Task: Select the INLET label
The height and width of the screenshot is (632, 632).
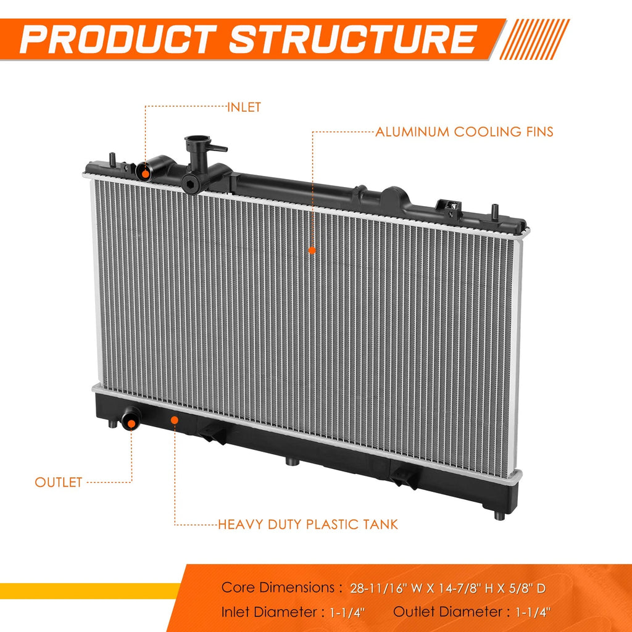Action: (x=244, y=107)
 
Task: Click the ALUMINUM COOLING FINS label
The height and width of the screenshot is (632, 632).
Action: (x=464, y=132)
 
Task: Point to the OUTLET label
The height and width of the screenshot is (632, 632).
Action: (x=59, y=482)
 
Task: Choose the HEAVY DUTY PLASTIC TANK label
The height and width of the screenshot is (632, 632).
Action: (x=308, y=525)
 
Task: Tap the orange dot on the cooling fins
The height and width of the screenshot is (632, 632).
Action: (x=312, y=251)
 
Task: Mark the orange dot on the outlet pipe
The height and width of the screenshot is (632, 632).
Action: (x=131, y=423)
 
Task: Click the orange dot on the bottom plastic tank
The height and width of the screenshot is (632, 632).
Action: (x=175, y=420)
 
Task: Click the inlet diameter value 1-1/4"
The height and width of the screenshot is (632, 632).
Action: (x=347, y=613)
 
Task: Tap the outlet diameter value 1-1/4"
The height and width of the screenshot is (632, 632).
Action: (x=533, y=613)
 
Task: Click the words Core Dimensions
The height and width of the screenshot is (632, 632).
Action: (x=278, y=588)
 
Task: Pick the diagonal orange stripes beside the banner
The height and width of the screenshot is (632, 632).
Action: (x=534, y=39)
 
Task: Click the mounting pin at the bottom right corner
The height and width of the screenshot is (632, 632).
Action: (x=499, y=515)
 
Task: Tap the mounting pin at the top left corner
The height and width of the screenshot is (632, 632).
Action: (x=112, y=159)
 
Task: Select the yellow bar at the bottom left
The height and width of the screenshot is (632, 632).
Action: (x=90, y=591)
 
